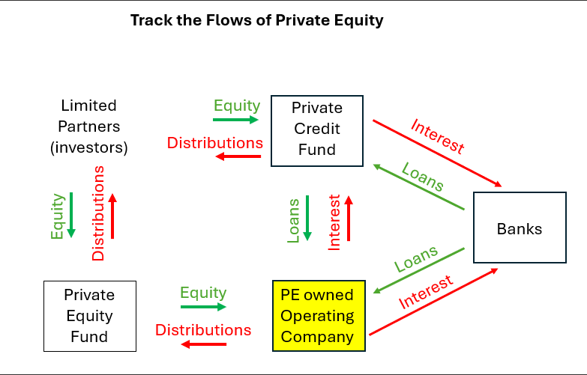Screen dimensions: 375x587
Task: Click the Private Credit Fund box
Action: tap(317, 130)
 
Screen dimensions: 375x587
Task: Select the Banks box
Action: tap(519, 228)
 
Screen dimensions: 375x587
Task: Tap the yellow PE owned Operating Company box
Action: tap(317, 316)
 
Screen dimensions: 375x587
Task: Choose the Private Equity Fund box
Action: tap(89, 316)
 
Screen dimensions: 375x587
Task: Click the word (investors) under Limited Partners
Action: tap(88, 147)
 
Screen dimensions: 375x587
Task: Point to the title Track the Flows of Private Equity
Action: tap(256, 20)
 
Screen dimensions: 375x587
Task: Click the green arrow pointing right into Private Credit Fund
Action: tap(235, 119)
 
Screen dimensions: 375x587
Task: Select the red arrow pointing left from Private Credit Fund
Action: tap(238, 156)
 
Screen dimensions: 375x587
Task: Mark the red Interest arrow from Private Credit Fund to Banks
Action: tap(437, 153)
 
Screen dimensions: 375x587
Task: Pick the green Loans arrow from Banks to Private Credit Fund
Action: tap(421, 189)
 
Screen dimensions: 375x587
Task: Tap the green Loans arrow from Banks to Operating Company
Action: tap(418, 270)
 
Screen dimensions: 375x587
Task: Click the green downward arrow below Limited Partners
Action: tap(71, 216)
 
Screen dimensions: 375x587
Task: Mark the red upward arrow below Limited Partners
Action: tap(112, 216)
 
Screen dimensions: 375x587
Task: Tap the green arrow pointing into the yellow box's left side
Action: tap(203, 306)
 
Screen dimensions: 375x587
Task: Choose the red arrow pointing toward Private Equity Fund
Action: tap(203, 344)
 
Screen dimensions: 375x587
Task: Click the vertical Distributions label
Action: tap(98, 214)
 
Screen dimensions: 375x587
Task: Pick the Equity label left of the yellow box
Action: tap(203, 293)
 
